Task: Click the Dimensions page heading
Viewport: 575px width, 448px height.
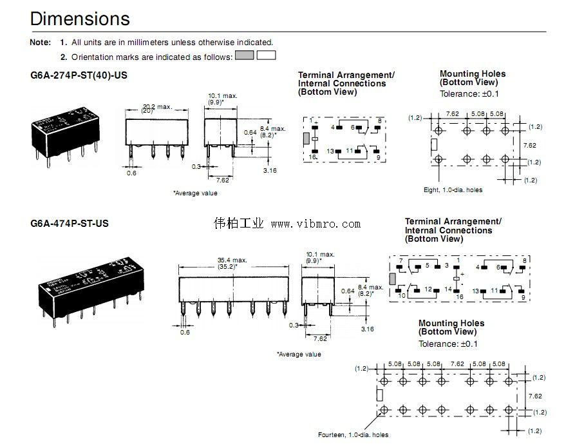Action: coord(80,18)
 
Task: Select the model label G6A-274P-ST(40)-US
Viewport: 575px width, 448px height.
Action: coord(79,75)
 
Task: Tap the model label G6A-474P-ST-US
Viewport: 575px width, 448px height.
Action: coord(69,224)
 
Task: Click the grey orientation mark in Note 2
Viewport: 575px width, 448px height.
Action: coord(245,55)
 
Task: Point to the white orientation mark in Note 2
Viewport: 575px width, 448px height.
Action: coord(266,55)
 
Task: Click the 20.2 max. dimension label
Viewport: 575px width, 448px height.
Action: coord(157,106)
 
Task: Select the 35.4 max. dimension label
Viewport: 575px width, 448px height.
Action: coord(232,260)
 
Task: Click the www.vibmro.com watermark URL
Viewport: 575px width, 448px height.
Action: coord(316,224)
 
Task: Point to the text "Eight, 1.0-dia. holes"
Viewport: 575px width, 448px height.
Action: coord(453,190)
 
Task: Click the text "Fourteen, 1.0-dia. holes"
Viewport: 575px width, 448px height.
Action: coord(353,435)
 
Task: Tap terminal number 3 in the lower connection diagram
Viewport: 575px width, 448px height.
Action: coord(447,265)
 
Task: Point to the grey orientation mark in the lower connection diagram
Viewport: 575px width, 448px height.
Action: coord(393,278)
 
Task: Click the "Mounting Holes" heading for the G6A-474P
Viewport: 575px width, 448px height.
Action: coord(451,323)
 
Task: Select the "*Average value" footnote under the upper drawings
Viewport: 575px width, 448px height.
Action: coord(195,193)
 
